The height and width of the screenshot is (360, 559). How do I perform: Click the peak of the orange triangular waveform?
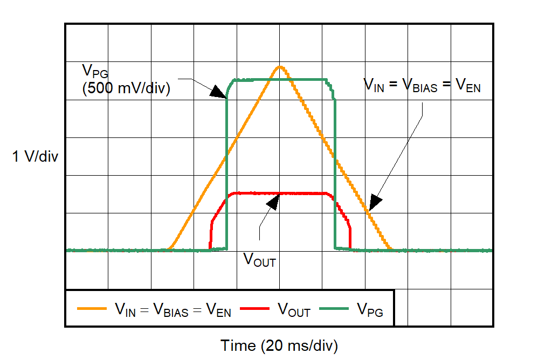point(279,67)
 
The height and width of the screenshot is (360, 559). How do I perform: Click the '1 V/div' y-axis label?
point(35,157)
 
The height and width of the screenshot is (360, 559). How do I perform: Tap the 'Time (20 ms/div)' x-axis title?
point(279,345)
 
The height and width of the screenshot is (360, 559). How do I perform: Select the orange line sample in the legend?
point(92,309)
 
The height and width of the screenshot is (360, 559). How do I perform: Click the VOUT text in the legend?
point(294,310)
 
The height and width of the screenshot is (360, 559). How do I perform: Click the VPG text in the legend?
point(370,310)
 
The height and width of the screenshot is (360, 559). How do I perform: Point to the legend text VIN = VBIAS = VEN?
point(172,310)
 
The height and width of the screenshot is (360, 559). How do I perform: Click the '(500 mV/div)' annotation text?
point(126,88)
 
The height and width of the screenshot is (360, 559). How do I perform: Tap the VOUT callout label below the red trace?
point(259,260)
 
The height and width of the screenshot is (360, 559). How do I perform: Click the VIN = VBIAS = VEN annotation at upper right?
point(422,85)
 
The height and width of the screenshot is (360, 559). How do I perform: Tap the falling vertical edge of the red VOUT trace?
point(350,237)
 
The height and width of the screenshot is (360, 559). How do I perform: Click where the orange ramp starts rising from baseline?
point(169,250)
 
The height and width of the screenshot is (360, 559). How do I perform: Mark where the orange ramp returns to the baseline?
point(391,250)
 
